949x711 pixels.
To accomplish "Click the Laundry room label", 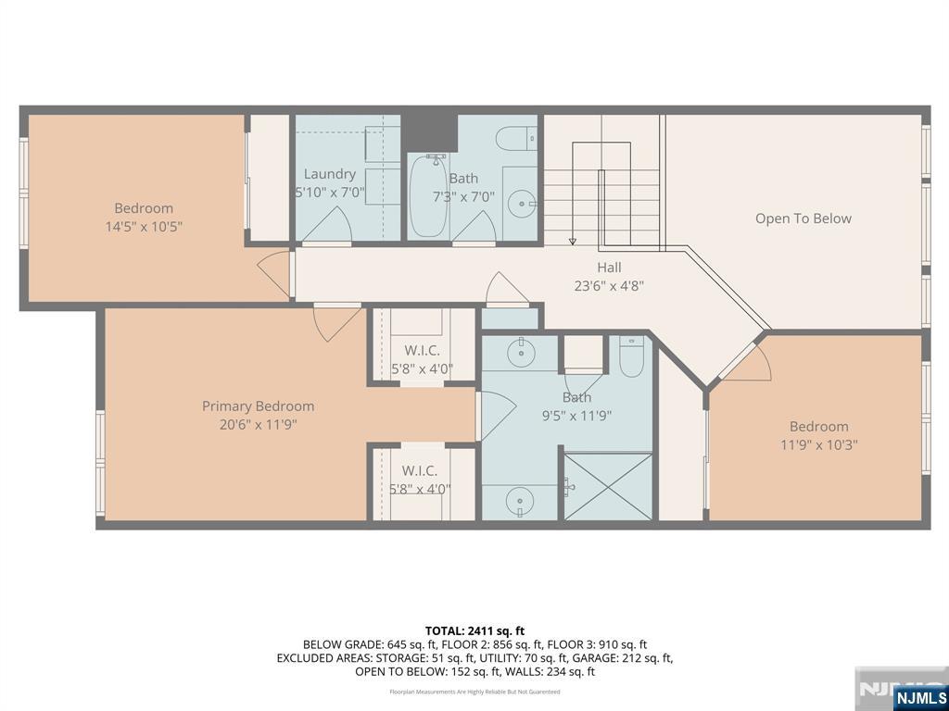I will click(x=329, y=174).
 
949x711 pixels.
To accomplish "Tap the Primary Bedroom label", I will click(x=258, y=406).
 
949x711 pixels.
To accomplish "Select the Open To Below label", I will click(x=803, y=218).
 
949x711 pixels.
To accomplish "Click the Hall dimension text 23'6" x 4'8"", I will click(x=609, y=286).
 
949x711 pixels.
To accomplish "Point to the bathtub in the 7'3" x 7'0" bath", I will click(x=428, y=197).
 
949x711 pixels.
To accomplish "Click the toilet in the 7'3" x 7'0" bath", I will click(x=516, y=140).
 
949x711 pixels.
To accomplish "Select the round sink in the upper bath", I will click(x=525, y=201).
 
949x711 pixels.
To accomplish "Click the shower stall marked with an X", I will click(x=608, y=485).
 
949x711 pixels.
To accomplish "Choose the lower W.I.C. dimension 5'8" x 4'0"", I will click(x=421, y=489).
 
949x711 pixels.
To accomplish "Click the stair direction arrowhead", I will click(x=573, y=242).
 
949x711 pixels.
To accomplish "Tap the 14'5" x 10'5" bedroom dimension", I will click(x=144, y=226).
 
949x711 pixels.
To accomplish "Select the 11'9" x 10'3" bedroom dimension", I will click(x=818, y=444).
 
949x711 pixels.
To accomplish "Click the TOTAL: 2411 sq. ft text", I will click(x=474, y=630).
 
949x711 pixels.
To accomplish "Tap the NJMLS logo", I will click(x=919, y=697).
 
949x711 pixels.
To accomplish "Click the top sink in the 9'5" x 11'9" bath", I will click(x=523, y=353).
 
